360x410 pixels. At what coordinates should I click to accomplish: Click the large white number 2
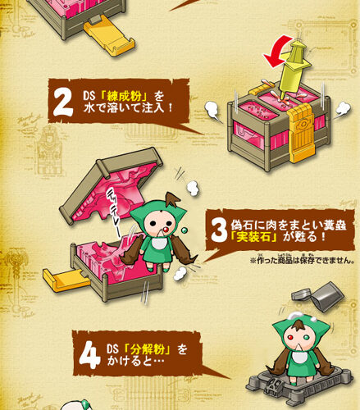pyautogui.click(x=63, y=102)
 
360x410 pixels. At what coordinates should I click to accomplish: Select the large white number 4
pyautogui.click(x=89, y=355)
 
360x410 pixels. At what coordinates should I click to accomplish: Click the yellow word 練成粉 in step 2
pyautogui.click(x=125, y=96)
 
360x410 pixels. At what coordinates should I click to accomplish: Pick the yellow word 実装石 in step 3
pyautogui.click(x=253, y=237)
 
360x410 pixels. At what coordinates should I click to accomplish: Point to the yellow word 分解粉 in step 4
pyautogui.click(x=148, y=349)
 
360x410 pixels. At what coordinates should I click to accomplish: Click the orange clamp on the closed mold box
pyautogui.click(x=301, y=134)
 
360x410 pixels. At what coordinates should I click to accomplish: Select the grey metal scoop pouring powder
pyautogui.click(x=320, y=296)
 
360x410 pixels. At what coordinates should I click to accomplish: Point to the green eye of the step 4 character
pyautogui.click(x=307, y=339)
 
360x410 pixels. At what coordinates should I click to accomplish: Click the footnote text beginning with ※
pyautogui.click(x=302, y=260)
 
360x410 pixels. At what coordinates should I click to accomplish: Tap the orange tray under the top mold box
pyautogui.click(x=109, y=35)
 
